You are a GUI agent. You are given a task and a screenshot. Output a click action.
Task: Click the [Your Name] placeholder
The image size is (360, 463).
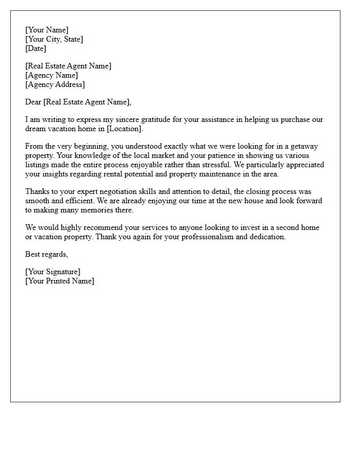coord(47,30)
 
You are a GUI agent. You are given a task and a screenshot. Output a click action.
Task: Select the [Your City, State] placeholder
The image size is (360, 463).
coord(54,39)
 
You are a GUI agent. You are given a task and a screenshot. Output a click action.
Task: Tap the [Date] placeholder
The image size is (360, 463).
coord(35,48)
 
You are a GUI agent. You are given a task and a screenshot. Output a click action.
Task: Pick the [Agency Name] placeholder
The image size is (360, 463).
coord(51,75)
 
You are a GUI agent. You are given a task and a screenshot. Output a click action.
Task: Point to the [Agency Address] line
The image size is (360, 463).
coord(55,84)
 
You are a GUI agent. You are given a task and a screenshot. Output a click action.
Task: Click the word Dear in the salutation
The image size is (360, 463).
coord(33,102)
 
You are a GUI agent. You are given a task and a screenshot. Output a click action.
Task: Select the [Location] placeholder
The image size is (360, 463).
coord(125,129)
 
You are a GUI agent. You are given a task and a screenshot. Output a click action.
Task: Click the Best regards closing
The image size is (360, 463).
coord(46,254)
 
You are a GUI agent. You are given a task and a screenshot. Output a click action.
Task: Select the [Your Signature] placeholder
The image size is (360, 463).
coord(52,272)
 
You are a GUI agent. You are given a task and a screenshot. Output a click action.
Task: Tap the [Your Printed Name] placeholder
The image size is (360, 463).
coord(60,281)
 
